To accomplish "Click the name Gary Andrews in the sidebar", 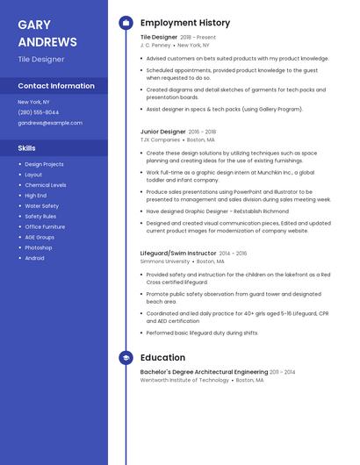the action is tap(47, 33).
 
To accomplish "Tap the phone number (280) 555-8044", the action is tap(39, 112).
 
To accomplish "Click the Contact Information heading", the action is tap(56, 86).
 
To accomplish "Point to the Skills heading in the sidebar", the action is tap(27, 148).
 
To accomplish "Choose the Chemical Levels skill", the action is tap(46, 185).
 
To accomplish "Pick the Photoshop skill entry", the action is tap(39, 247).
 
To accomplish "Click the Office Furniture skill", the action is tap(45, 226).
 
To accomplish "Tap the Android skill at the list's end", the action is tap(35, 258).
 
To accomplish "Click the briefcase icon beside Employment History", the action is tap(126, 23).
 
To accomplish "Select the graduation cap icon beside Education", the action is tap(126, 358).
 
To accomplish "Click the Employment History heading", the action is tap(185, 23).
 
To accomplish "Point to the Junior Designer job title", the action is tap(162, 132).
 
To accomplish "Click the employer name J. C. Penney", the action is tap(155, 45).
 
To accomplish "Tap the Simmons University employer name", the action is tap(165, 261).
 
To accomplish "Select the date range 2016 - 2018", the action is tap(202, 132).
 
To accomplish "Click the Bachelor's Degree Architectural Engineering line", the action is tap(204, 372).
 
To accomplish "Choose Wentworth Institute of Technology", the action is tap(184, 380).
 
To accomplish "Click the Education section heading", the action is tap(162, 358).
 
